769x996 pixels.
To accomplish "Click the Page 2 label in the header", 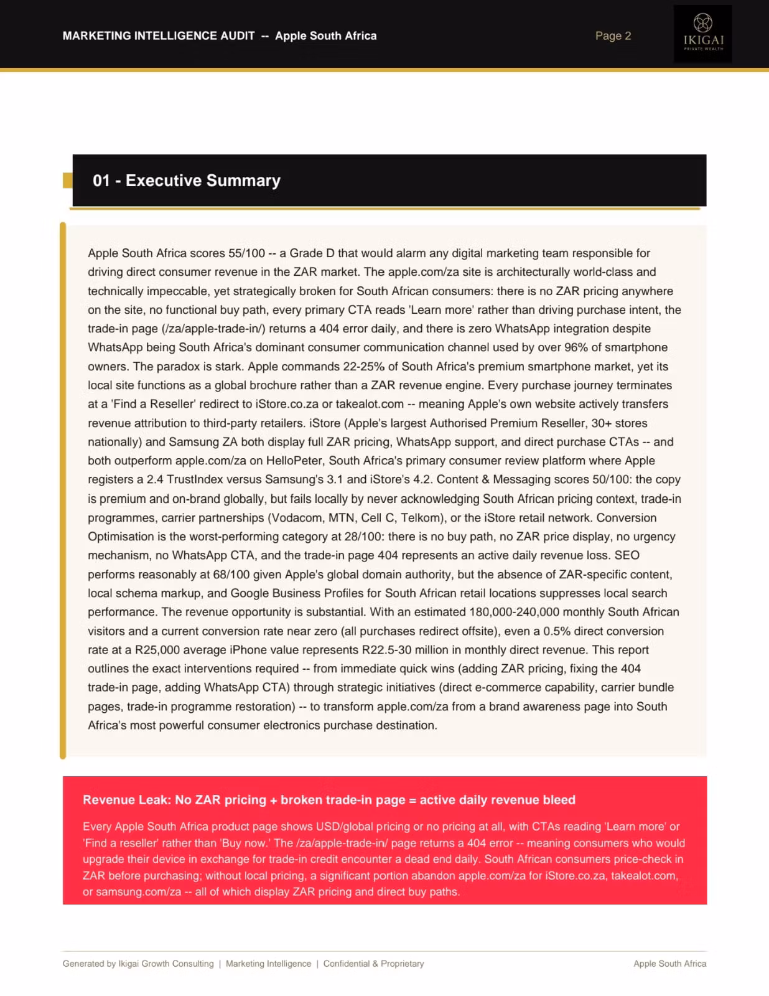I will click(x=613, y=36).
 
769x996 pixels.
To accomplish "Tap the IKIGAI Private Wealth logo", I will click(x=703, y=34).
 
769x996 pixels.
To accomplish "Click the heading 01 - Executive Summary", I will click(x=187, y=181).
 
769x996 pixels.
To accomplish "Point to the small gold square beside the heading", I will click(x=68, y=181).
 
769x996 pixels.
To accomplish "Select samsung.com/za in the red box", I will click(x=138, y=892).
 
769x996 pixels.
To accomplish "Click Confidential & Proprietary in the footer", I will click(x=373, y=964).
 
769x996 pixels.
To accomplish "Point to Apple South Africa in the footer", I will click(x=669, y=964).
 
